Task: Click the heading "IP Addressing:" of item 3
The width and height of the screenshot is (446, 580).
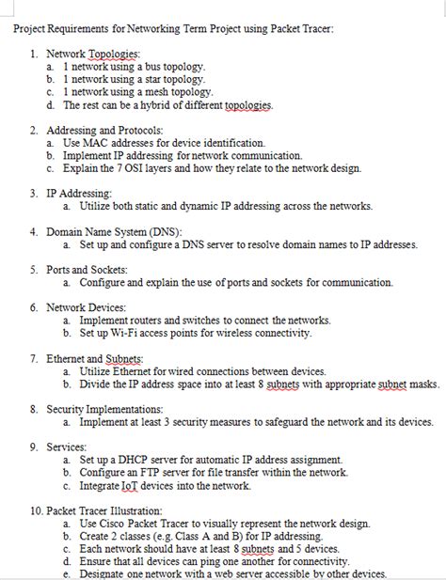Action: point(79,194)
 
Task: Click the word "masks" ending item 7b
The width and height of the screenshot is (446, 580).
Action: point(423,384)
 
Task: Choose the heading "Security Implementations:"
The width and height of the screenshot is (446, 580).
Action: point(104,409)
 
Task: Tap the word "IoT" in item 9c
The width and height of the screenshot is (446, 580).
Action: point(135,486)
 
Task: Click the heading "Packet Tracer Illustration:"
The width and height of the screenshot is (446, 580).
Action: point(106,510)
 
